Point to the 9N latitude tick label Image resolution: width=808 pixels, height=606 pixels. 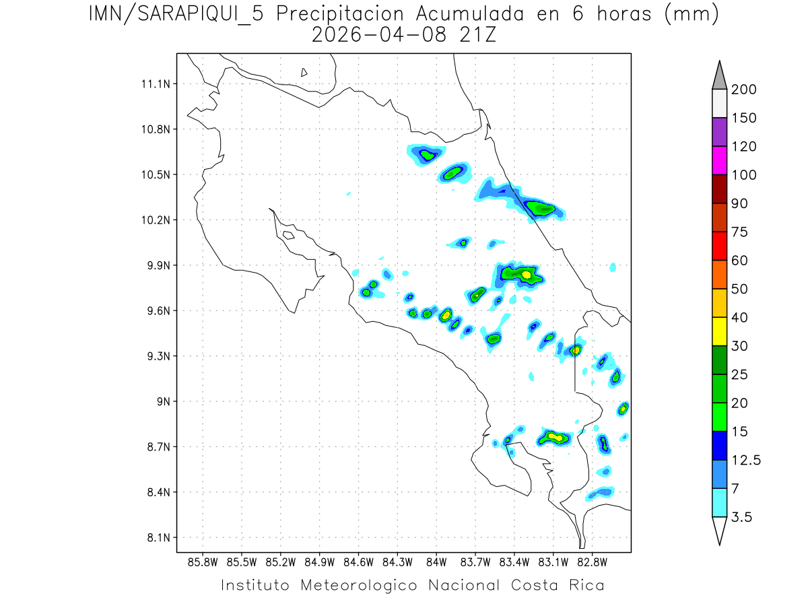pos(161,401)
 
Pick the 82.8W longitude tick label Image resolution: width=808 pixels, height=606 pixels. pos(593,562)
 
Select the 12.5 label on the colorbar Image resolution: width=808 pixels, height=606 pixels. pos(746,460)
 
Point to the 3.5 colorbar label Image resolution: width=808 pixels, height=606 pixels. pos(742,517)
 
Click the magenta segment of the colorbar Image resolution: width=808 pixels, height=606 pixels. pos(719,160)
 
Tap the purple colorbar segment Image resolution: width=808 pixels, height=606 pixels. pos(719,132)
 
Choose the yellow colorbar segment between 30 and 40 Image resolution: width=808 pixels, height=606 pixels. pos(719,331)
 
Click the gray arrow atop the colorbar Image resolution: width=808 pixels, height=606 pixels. pos(719,76)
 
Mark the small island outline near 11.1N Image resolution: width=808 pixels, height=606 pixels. pos(304,72)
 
